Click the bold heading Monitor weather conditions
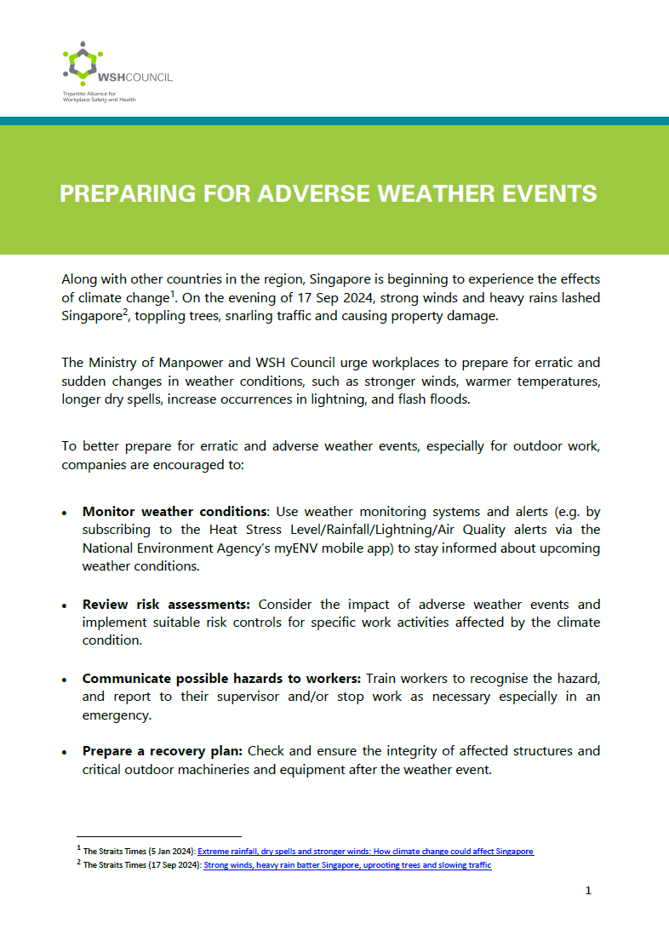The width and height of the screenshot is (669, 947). click(174, 512)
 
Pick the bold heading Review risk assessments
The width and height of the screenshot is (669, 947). click(166, 605)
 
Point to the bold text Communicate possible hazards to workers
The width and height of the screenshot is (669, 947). click(221, 679)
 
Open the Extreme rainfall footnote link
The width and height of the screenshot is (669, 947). click(365, 852)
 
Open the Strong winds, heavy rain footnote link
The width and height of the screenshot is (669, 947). click(347, 866)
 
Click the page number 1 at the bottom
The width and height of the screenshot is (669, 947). click(588, 891)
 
